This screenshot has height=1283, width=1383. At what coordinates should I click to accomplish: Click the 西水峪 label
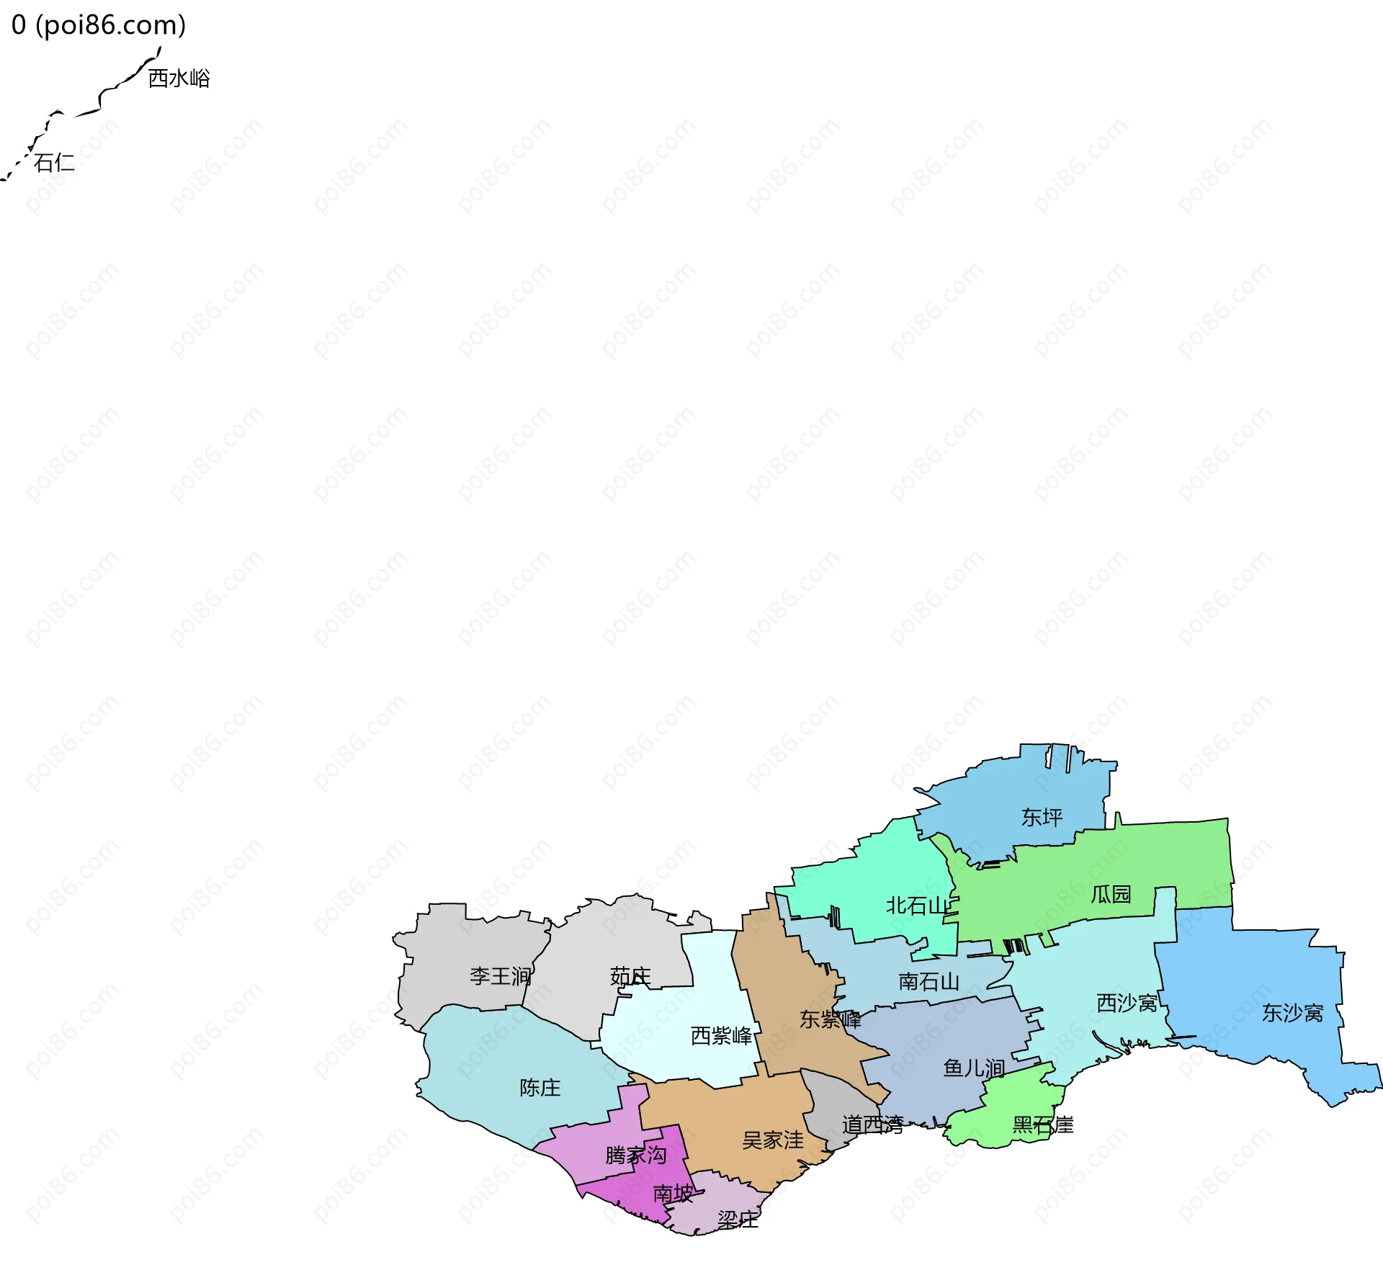[x=179, y=78]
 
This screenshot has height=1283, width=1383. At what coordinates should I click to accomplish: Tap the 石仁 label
[x=54, y=162]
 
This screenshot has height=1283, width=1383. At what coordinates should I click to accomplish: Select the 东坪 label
[x=1042, y=817]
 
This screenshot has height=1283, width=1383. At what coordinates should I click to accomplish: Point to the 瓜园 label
[x=1111, y=894]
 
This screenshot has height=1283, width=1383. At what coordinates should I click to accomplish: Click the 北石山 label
[x=917, y=906]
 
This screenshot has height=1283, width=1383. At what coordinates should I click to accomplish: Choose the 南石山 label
[x=928, y=981]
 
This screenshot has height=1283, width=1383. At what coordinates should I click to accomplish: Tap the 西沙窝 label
[x=1127, y=1002]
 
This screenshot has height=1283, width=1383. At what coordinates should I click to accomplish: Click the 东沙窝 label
[x=1292, y=1013]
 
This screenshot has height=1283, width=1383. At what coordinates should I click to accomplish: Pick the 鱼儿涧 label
[x=974, y=1068]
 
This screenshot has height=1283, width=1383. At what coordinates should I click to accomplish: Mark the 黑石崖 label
[x=1042, y=1125]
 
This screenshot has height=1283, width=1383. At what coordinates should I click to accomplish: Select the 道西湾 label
[x=872, y=1125]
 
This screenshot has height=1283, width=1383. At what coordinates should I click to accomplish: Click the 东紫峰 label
[x=830, y=1019]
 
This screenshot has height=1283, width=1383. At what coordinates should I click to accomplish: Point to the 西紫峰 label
[x=721, y=1035]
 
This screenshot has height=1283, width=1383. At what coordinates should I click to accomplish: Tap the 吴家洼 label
[x=773, y=1140]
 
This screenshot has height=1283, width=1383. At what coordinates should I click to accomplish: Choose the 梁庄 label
[x=738, y=1219]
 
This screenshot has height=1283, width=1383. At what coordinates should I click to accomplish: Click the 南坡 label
[x=673, y=1193]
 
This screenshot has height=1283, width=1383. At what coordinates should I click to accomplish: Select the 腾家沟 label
[x=635, y=1155]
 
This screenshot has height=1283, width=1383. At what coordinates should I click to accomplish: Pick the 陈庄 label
[x=540, y=1087]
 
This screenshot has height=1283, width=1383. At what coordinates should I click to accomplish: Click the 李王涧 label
[x=500, y=976]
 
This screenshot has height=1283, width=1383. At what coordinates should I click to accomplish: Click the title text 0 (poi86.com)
[x=99, y=24]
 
